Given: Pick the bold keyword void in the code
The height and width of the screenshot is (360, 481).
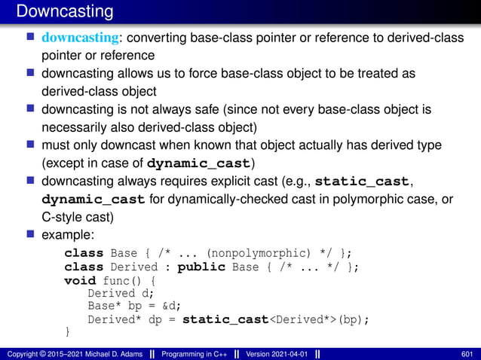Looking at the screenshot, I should click(x=80, y=281).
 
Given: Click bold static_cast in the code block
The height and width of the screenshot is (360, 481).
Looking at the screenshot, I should click(x=225, y=319).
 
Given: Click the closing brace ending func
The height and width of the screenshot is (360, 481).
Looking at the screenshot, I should click(x=68, y=332).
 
